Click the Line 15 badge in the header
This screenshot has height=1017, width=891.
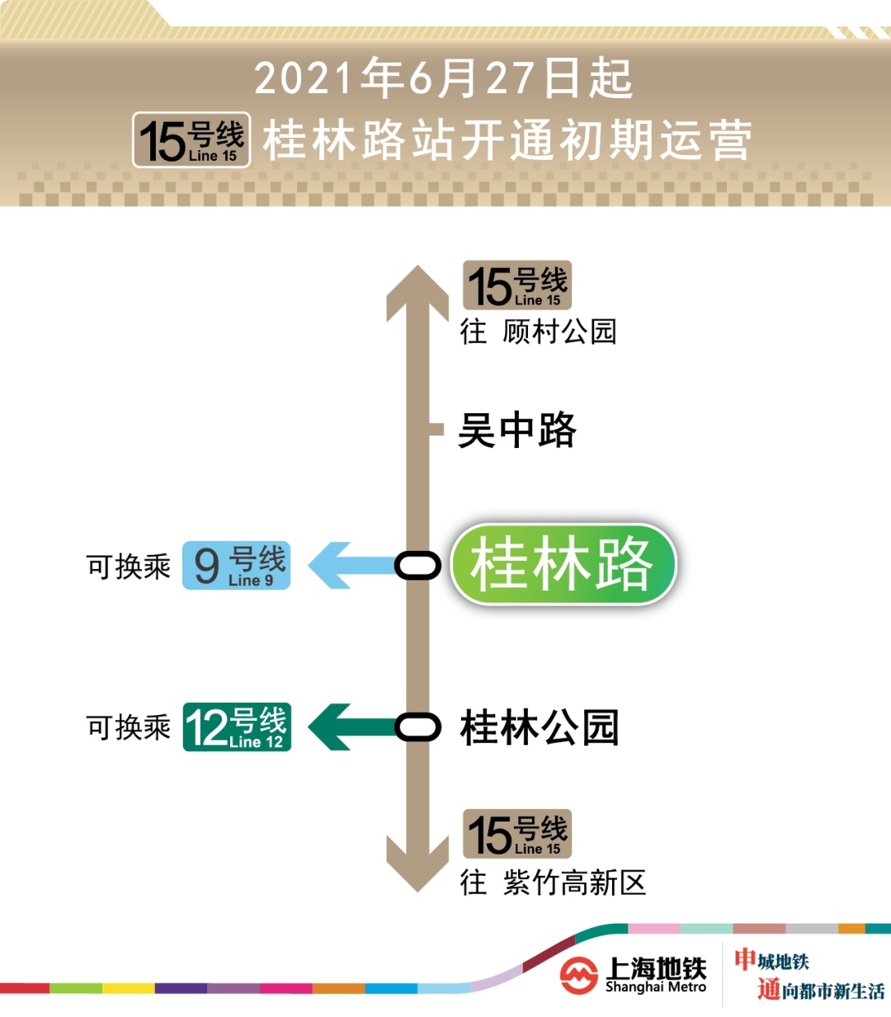click(x=191, y=139)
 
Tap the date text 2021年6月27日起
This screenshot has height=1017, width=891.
click(x=443, y=78)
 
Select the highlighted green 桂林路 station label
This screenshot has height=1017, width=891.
click(x=563, y=565)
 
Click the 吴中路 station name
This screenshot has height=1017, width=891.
click(x=517, y=430)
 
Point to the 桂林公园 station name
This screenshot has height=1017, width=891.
click(x=540, y=727)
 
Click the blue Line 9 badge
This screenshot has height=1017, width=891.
click(x=236, y=565)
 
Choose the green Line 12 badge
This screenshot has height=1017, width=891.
click(x=237, y=727)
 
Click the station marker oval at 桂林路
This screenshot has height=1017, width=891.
click(x=417, y=565)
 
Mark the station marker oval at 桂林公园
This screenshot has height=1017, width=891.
click(x=417, y=727)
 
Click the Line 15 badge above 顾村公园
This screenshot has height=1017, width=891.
click(x=517, y=285)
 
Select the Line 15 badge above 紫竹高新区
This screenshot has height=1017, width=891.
click(x=517, y=834)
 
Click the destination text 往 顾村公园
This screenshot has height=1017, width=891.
click(x=538, y=332)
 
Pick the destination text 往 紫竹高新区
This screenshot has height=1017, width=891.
click(x=553, y=883)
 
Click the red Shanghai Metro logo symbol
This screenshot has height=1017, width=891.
click(x=578, y=976)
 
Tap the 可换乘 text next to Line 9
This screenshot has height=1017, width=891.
click(x=129, y=567)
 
